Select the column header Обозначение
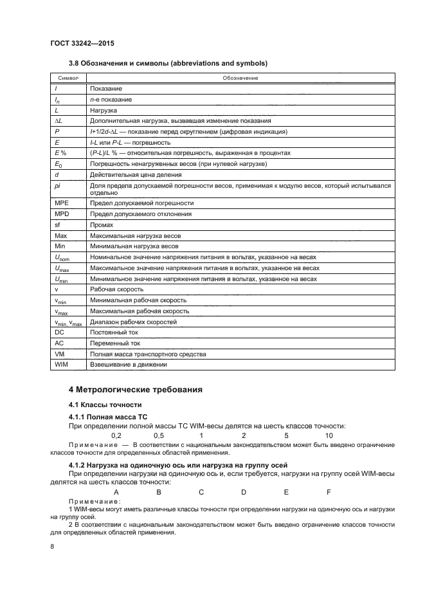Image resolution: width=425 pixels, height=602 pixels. pyautogui.click(x=240, y=78)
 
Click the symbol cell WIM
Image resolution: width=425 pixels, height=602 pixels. pyautogui.click(x=62, y=365)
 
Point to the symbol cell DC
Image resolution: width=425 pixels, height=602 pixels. pyautogui.click(x=60, y=333)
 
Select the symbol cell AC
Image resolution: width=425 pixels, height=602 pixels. pyautogui.click(x=60, y=343)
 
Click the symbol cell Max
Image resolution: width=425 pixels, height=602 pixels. pyautogui.click(x=62, y=235)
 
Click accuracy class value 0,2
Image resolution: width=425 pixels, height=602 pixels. pyautogui.click(x=116, y=435)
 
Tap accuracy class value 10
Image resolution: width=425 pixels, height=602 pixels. pyautogui.click(x=329, y=435)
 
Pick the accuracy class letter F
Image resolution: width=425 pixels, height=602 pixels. pyautogui.click(x=329, y=492)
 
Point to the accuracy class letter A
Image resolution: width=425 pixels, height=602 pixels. pyautogui.click(x=116, y=492)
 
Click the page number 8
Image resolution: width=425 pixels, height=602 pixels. pyautogui.click(x=53, y=547)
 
